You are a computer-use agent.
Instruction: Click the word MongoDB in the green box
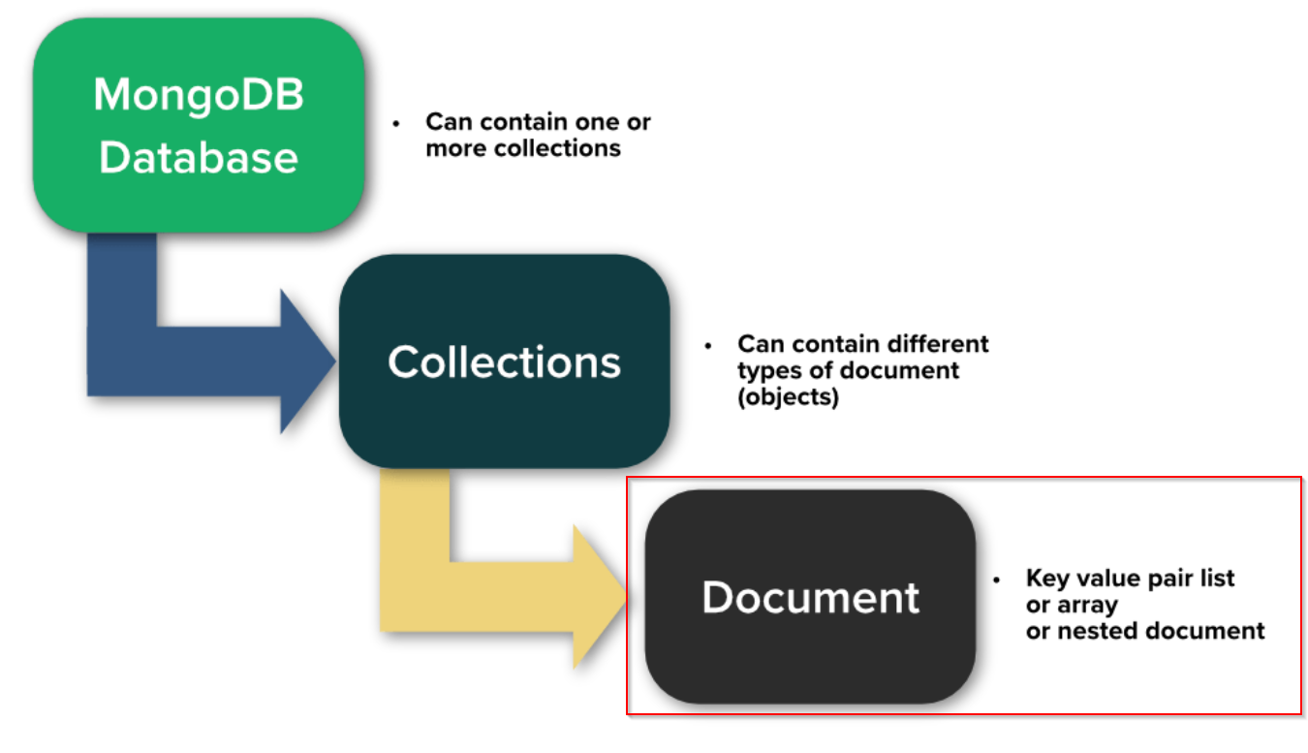coord(199,95)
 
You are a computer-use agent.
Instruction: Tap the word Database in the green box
coord(199,158)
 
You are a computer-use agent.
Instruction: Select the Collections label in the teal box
coord(505,362)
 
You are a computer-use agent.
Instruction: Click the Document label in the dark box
coord(811,597)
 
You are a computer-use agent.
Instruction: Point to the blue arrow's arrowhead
coord(307,361)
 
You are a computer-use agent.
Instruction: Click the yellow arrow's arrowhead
coord(600,597)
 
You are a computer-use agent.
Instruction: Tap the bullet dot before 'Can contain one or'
coord(396,123)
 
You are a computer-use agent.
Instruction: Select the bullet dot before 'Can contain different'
coord(708,346)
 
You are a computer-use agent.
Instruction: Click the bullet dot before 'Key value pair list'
coord(997,580)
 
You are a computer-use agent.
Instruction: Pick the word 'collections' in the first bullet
coord(557,148)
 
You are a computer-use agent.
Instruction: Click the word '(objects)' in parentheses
coord(789,397)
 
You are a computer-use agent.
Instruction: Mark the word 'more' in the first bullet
coord(456,149)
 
